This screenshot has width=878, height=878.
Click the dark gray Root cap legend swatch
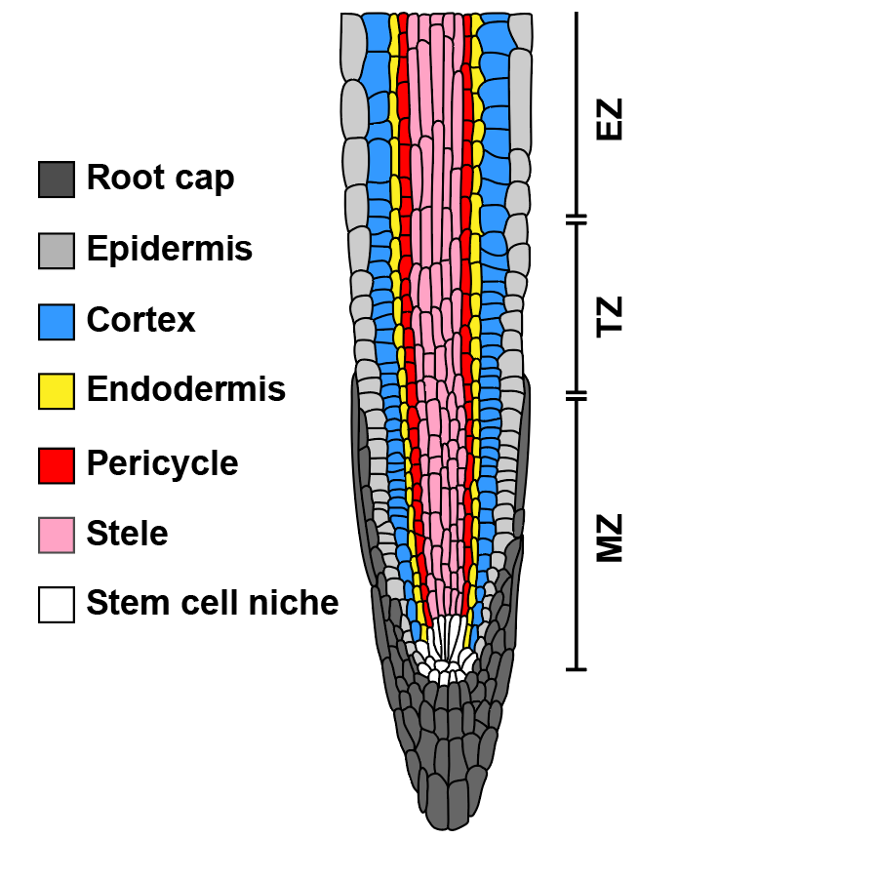(57, 180)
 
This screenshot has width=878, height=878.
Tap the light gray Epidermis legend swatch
(57, 251)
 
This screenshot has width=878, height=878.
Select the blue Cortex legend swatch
(57, 322)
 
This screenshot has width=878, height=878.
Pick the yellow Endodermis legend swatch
(57, 391)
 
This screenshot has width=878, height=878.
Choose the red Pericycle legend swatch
(57, 464)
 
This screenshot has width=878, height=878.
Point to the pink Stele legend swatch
(57, 535)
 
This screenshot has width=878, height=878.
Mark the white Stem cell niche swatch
(57, 605)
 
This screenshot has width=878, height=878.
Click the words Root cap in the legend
(160, 178)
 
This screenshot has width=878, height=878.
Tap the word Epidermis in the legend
(169, 250)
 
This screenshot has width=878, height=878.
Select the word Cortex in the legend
(140, 320)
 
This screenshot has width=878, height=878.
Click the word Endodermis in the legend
(185, 389)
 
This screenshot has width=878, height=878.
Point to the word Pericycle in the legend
(162, 462)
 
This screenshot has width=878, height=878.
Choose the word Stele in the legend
(127, 534)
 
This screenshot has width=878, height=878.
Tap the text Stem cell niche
(212, 603)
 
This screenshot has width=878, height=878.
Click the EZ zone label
(609, 119)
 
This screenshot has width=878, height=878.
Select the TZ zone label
(609, 317)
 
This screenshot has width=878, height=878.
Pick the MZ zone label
(609, 538)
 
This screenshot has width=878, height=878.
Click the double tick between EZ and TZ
(577, 219)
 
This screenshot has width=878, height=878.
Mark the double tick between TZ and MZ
(577, 396)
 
